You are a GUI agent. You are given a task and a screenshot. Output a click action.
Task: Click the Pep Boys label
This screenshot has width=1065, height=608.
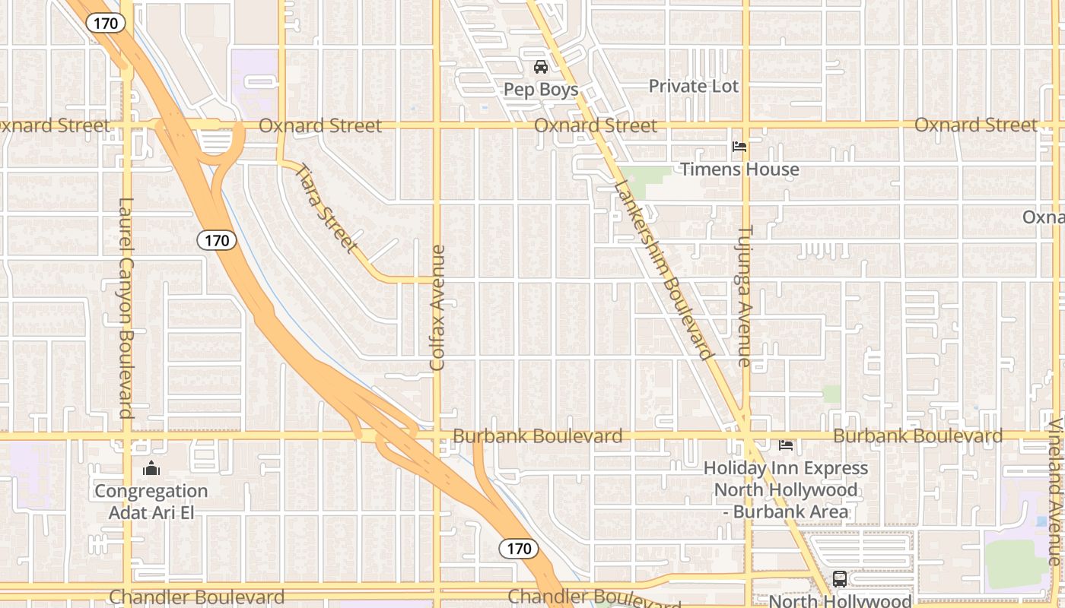541,90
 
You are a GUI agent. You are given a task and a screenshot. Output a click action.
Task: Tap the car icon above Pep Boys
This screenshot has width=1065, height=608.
541,67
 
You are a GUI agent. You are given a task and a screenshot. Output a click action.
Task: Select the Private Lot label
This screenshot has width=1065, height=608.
693,86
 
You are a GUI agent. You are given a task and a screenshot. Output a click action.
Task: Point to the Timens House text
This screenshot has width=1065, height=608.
739,169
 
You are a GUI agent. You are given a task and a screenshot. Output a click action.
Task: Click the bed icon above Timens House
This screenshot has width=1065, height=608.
739,147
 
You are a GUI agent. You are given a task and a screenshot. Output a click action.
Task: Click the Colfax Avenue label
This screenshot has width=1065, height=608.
437,308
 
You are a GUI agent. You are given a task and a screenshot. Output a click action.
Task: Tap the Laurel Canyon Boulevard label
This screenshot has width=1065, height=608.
126,308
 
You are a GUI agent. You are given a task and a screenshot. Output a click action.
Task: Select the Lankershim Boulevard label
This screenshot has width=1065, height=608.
664,270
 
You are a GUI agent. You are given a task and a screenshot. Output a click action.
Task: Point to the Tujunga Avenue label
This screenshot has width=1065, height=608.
745,296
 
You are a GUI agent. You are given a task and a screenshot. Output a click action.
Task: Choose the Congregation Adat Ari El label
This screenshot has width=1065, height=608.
151,502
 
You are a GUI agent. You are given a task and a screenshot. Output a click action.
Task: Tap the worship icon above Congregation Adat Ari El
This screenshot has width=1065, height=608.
151,468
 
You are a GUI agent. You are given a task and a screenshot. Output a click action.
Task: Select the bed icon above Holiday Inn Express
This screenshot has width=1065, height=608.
786,445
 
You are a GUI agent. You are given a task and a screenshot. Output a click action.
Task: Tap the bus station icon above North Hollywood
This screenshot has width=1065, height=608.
839,579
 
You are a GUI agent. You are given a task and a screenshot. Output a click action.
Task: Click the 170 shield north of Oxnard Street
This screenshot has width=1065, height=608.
105,24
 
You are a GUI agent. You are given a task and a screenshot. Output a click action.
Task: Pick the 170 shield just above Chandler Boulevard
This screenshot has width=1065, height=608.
519,548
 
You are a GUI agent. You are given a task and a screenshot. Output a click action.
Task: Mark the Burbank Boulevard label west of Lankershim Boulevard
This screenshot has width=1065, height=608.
537,436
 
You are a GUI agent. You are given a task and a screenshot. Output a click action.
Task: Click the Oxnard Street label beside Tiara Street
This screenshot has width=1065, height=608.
320,125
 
